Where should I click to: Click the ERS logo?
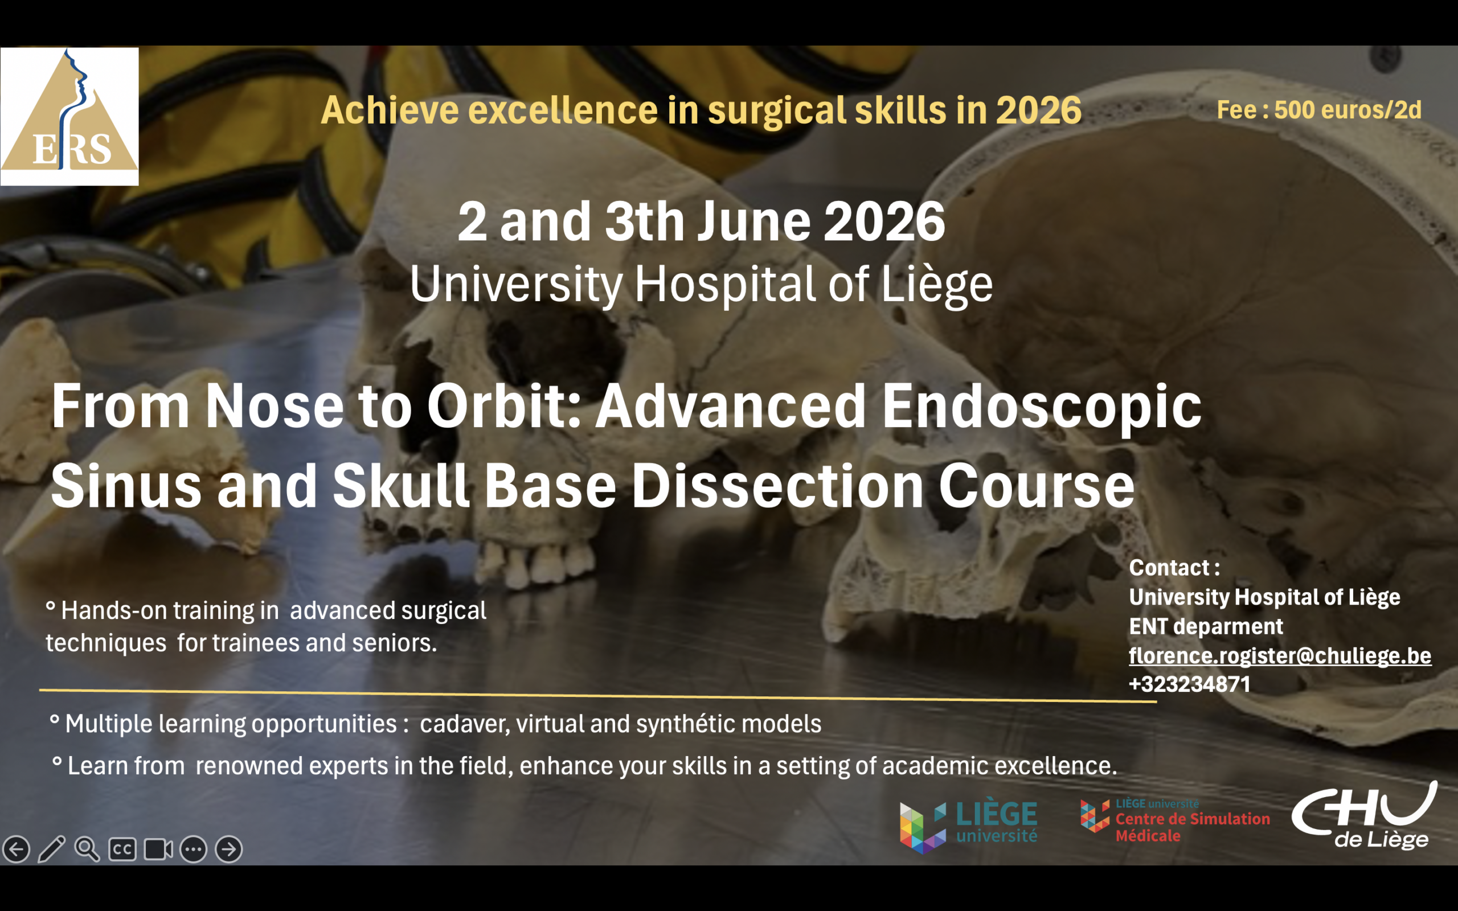click(x=69, y=116)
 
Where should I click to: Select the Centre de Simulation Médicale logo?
click(x=1175, y=820)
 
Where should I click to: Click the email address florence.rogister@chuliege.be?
click(x=1280, y=655)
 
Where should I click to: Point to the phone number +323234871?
click(x=1190, y=684)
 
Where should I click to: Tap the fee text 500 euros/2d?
click(x=1348, y=110)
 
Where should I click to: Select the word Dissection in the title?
click(x=777, y=486)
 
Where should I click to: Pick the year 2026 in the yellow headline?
click(x=1039, y=110)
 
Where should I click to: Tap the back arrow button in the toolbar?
click(x=17, y=850)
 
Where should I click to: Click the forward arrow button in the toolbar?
click(x=229, y=850)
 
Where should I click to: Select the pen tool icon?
click(x=51, y=849)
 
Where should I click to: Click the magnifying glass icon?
click(x=87, y=849)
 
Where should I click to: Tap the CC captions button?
click(x=122, y=850)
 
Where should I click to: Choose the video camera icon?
click(x=158, y=850)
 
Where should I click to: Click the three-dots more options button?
click(x=194, y=850)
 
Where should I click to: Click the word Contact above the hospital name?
click(x=1169, y=568)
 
